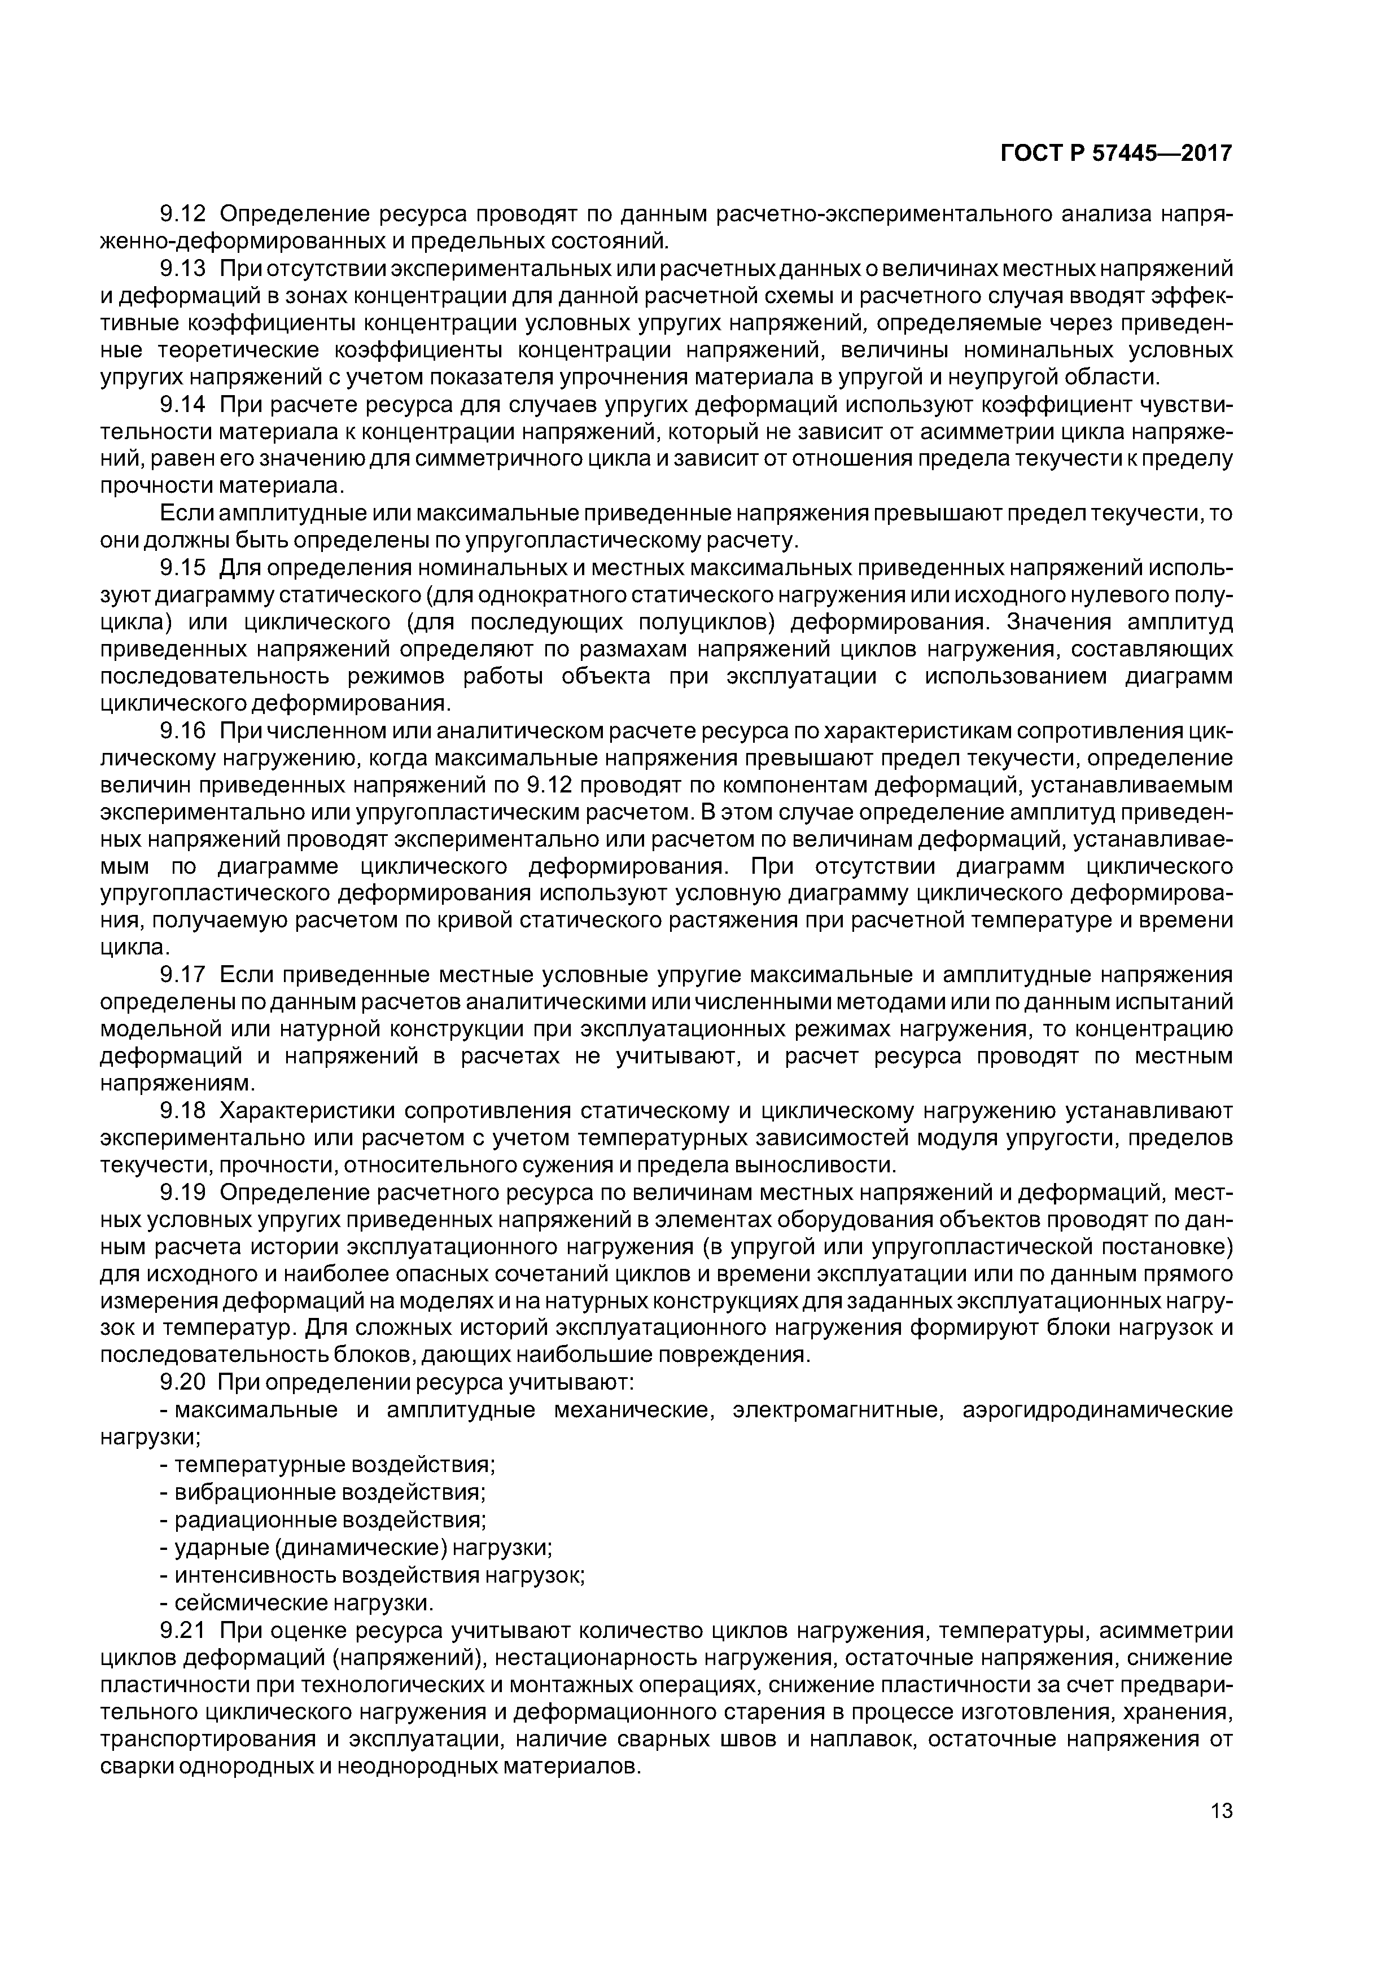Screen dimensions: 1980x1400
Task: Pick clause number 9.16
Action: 183,730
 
